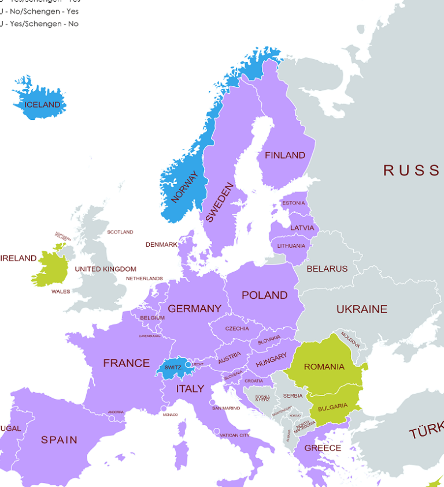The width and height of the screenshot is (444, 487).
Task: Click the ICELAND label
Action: pyautogui.click(x=42, y=105)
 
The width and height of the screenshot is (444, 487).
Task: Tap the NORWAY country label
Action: pyautogui.click(x=185, y=187)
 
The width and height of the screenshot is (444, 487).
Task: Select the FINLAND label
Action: pyautogui.click(x=284, y=155)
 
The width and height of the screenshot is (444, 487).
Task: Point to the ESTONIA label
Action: pyautogui.click(x=293, y=203)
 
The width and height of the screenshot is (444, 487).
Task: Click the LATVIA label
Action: pyautogui.click(x=302, y=228)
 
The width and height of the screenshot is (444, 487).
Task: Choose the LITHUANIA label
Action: pyautogui.click(x=291, y=246)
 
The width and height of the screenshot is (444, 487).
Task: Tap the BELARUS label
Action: pyautogui.click(x=327, y=269)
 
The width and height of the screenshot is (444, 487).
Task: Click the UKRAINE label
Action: pyautogui.click(x=361, y=309)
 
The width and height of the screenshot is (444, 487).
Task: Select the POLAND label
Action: pyautogui.click(x=264, y=295)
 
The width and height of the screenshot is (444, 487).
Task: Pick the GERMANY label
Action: pyautogui.click(x=194, y=309)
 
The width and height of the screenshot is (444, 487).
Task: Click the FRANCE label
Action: pyautogui.click(x=126, y=363)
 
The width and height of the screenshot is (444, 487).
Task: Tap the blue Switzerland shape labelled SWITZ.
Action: pyautogui.click(x=173, y=368)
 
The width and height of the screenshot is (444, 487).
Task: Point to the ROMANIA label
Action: pyautogui.click(x=324, y=367)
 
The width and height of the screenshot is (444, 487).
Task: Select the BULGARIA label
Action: pyautogui.click(x=332, y=406)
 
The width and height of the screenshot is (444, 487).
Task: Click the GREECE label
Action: pyautogui.click(x=323, y=448)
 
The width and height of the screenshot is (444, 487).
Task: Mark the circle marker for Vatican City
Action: pyautogui.click(x=217, y=431)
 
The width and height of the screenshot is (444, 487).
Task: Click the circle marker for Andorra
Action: pyautogui.click(x=112, y=418)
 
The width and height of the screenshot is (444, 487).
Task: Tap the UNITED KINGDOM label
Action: pyautogui.click(x=105, y=269)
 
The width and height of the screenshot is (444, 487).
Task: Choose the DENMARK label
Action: pyautogui.click(x=161, y=244)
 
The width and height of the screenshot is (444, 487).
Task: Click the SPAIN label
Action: pyautogui.click(x=59, y=440)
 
